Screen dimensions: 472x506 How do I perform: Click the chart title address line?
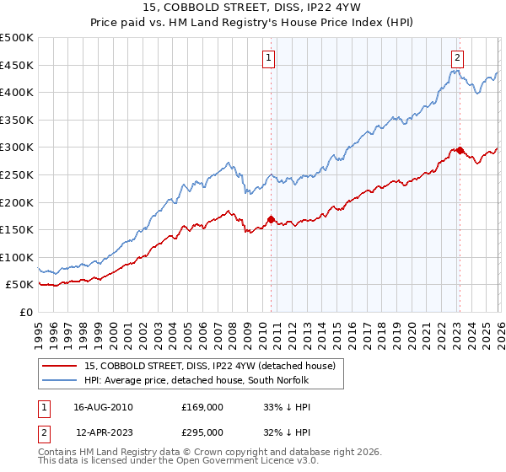[x=253, y=8]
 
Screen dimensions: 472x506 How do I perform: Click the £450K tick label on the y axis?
[x=17, y=65]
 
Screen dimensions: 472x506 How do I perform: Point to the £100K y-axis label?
[x=17, y=257]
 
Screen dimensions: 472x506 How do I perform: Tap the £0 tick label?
[x=26, y=312]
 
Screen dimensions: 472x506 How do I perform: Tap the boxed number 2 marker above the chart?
[x=456, y=58]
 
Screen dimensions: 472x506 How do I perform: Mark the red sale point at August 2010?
[x=271, y=219]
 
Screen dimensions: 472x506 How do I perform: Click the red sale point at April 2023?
[x=460, y=150]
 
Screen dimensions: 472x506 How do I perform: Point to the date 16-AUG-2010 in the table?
[x=103, y=406]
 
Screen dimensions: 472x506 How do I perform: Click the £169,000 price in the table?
[x=202, y=406]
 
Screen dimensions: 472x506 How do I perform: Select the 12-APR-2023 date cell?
[x=103, y=432]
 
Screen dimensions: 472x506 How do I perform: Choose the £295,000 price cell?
[x=202, y=432]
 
